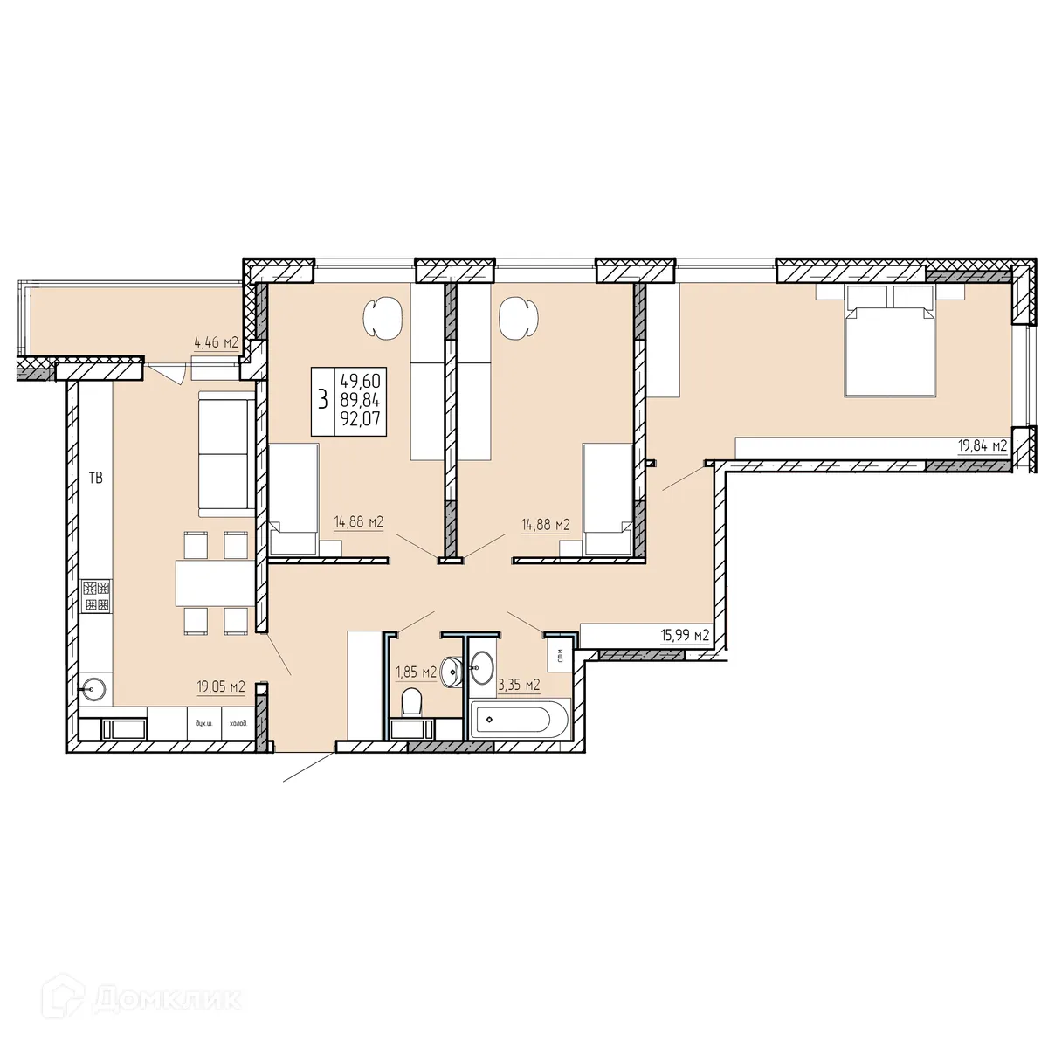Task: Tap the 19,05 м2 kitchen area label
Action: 219,687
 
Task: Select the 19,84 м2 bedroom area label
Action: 982,446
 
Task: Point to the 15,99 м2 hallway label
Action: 684,636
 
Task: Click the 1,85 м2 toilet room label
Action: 416,672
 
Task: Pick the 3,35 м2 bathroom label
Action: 519,685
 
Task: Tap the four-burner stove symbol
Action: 96,596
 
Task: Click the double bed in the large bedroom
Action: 890,349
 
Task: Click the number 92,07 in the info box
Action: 360,423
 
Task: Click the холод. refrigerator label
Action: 238,723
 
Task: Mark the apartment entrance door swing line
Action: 307,766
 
